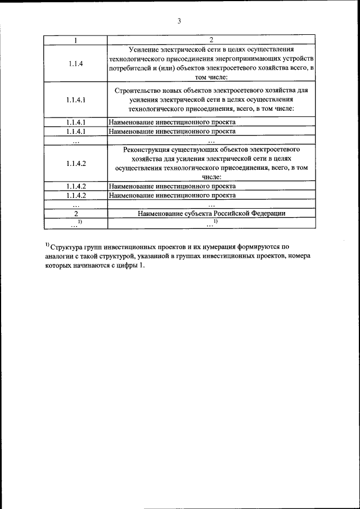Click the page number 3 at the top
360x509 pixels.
tap(179, 21)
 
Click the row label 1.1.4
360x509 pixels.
tap(76, 64)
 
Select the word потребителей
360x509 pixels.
tap(132, 68)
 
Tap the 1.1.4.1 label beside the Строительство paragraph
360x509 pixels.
tap(76, 99)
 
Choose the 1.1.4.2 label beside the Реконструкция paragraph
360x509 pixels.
tap(76, 163)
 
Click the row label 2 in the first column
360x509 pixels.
tap(76, 214)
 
